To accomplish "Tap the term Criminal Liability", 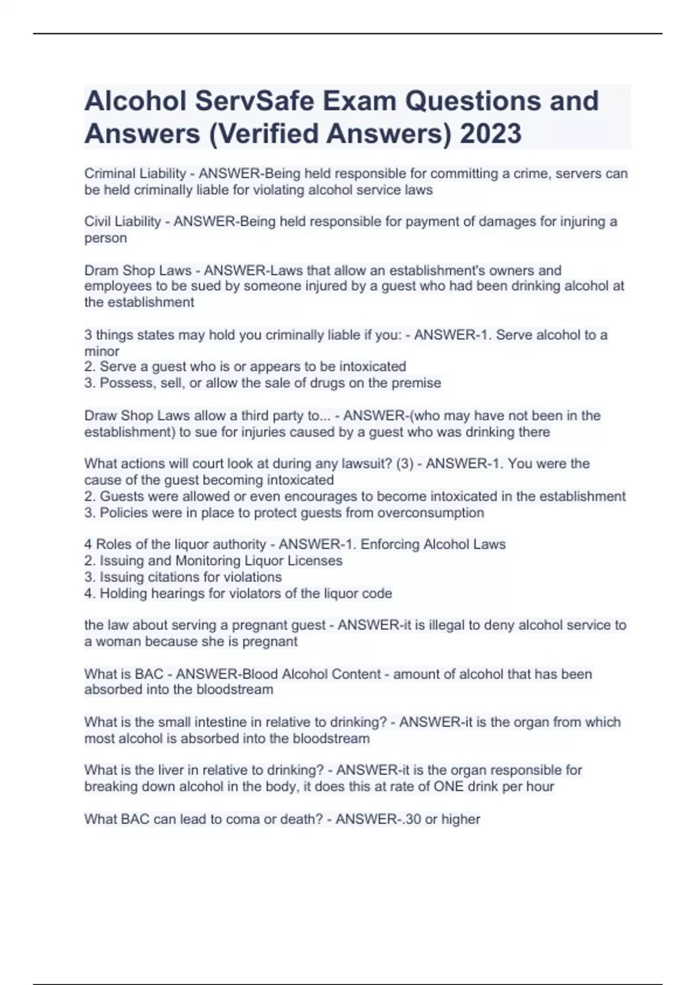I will coord(135,173).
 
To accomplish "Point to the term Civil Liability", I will coord(122,221).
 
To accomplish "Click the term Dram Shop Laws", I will coord(137,271).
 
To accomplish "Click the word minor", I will coord(101,351).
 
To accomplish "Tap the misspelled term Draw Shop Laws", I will coord(137,415).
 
